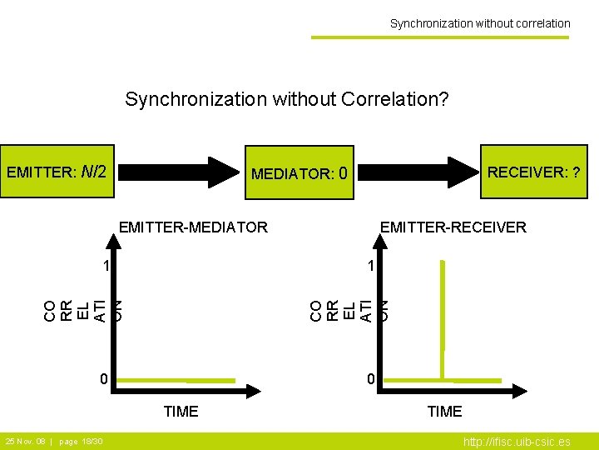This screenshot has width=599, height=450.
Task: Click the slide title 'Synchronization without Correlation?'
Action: click(287, 100)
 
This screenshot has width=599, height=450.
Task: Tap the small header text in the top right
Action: click(480, 23)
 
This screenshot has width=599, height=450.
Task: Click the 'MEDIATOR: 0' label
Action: click(303, 174)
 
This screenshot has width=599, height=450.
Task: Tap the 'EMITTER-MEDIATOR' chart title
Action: click(194, 227)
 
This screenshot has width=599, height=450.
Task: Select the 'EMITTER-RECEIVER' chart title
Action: click(453, 227)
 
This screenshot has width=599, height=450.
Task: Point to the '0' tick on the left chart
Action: click(103, 380)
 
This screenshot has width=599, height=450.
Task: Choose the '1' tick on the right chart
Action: click(371, 267)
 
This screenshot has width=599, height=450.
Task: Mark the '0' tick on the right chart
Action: click(371, 380)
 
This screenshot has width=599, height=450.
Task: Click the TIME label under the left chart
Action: click(181, 411)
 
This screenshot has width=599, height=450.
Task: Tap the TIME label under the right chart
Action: click(444, 411)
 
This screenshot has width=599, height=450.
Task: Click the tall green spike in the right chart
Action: click(443, 317)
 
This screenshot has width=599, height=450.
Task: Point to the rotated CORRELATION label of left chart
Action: click(83, 309)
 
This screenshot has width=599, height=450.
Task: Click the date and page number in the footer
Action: click(54, 441)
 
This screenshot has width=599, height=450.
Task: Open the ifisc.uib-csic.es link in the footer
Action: click(517, 442)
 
